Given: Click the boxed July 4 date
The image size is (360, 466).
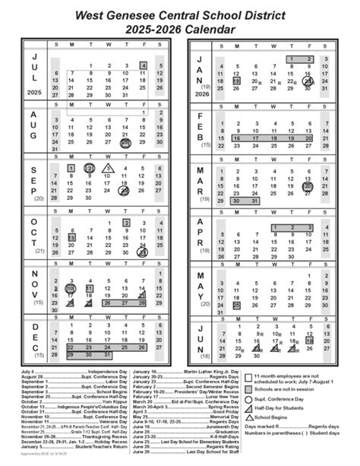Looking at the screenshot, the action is click(x=143, y=66).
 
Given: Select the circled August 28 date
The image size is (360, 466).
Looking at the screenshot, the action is click(x=125, y=142).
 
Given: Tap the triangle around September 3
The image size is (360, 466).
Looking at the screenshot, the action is click(x=108, y=167).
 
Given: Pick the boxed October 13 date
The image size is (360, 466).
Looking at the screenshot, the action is click(x=71, y=238).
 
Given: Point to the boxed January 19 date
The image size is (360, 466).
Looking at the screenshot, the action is click(x=237, y=80).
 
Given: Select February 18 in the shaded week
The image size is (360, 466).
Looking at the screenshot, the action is click(x=272, y=138).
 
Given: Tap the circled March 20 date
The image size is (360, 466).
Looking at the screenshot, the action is click(x=308, y=186).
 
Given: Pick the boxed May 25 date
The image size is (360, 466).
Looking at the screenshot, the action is click(x=237, y=306).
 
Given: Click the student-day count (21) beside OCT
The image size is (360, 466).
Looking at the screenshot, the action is click(x=40, y=250).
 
